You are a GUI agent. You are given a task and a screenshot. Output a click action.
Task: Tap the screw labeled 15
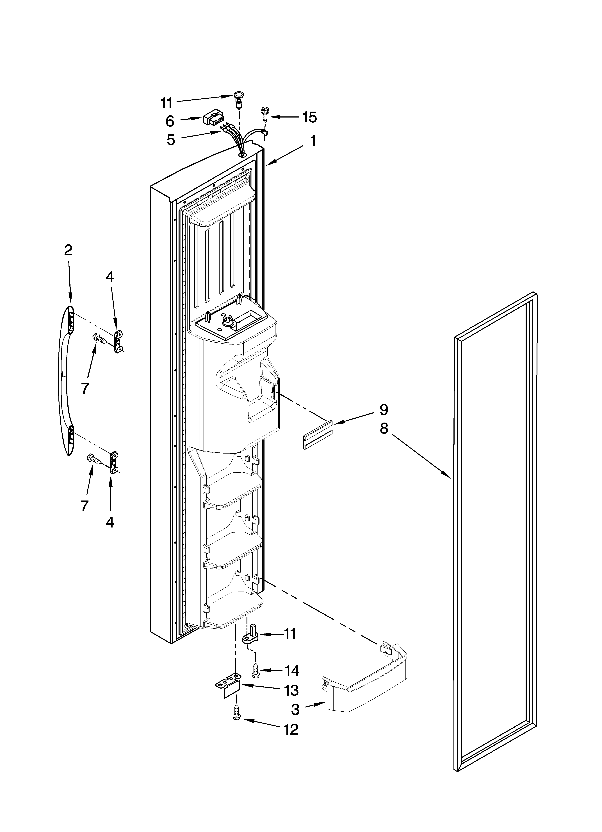[264, 115]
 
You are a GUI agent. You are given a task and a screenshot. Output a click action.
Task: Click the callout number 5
[171, 140]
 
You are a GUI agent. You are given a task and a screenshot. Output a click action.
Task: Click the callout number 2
[68, 251]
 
